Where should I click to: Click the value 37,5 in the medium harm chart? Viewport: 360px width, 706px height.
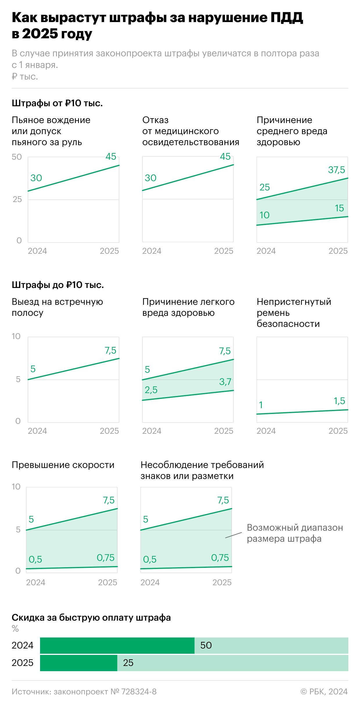[336, 170]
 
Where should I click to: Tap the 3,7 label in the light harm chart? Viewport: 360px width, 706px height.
[225, 382]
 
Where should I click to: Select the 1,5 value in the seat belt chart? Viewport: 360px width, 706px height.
[339, 401]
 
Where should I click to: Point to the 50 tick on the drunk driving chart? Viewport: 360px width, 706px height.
[17, 157]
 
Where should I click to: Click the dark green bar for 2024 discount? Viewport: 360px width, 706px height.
[117, 645]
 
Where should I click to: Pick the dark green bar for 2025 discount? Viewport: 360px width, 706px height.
[78, 663]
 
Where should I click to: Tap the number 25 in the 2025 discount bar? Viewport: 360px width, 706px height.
[128, 663]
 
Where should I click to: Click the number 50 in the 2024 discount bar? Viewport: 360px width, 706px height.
[206, 645]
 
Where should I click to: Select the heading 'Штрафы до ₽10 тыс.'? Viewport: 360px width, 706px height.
[58, 285]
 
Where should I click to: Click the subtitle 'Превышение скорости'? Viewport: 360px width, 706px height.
[63, 465]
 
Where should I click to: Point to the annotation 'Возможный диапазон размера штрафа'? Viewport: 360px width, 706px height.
[295, 533]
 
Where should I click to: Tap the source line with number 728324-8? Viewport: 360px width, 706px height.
[84, 692]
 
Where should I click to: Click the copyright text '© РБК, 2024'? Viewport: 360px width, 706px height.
[324, 692]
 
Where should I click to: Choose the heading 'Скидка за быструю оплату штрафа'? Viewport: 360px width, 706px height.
[91, 617]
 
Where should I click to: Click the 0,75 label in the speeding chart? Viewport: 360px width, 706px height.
[105, 558]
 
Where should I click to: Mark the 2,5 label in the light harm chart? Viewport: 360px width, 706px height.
[151, 390]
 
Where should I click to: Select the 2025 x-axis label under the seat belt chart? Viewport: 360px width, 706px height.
[338, 431]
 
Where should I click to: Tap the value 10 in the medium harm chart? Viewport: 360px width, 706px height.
[264, 215]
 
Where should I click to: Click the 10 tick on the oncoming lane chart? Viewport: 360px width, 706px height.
[16, 336]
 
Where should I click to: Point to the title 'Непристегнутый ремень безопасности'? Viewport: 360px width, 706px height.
[294, 313]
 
